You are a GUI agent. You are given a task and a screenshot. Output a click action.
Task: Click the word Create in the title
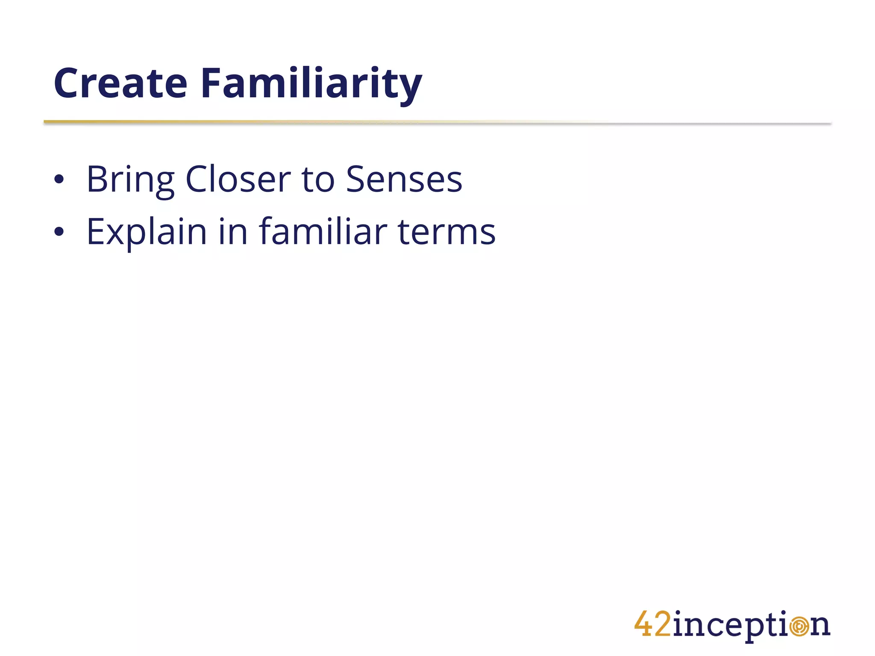coord(120,83)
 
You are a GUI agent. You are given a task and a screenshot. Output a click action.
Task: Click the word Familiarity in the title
coord(311,83)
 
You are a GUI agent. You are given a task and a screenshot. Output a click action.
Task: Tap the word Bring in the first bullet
coord(130,180)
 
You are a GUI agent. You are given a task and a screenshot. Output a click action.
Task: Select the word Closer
coord(238,180)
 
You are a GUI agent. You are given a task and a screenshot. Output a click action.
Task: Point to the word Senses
coord(404,180)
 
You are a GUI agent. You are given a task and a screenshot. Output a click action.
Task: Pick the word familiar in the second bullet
coord(323,232)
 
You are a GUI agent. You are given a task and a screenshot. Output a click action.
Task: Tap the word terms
coord(446,232)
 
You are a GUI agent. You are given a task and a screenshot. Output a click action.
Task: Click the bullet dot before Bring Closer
coord(59,180)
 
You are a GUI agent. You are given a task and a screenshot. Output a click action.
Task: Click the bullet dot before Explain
coord(59,232)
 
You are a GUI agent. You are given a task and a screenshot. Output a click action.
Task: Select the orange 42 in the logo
coord(652,624)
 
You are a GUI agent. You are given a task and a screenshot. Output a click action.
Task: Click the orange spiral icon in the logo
coord(799,627)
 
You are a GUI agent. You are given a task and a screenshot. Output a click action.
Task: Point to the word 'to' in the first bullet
coord(318,180)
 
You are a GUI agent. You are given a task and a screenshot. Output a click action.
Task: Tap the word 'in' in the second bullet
coord(233,232)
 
